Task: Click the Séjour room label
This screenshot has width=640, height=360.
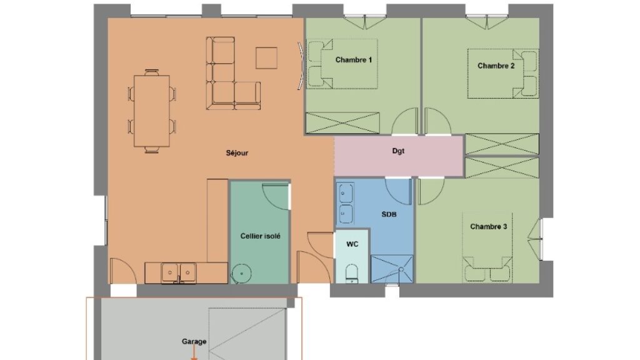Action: point(237,153)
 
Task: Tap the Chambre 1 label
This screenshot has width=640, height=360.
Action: point(354,60)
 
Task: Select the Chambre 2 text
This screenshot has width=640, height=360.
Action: point(496,66)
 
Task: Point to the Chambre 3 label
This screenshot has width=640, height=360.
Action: point(489,226)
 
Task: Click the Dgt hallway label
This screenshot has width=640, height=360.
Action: point(398,151)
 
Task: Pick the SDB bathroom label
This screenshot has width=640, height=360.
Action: point(389,214)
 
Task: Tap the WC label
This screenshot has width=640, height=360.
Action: point(352,244)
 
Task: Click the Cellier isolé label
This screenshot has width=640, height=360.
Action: point(261,236)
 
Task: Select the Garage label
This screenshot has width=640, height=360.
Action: point(194,341)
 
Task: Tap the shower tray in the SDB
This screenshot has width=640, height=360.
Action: point(392,269)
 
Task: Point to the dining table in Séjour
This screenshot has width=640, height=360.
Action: point(152,111)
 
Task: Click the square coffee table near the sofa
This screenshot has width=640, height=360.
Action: point(266,58)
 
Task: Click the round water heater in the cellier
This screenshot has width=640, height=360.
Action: point(241,274)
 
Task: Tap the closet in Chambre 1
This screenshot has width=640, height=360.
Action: point(342,123)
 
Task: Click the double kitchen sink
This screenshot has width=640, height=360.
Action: point(179,272)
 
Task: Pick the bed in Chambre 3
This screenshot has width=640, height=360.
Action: point(487,247)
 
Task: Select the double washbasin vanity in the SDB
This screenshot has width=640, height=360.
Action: point(345,203)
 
